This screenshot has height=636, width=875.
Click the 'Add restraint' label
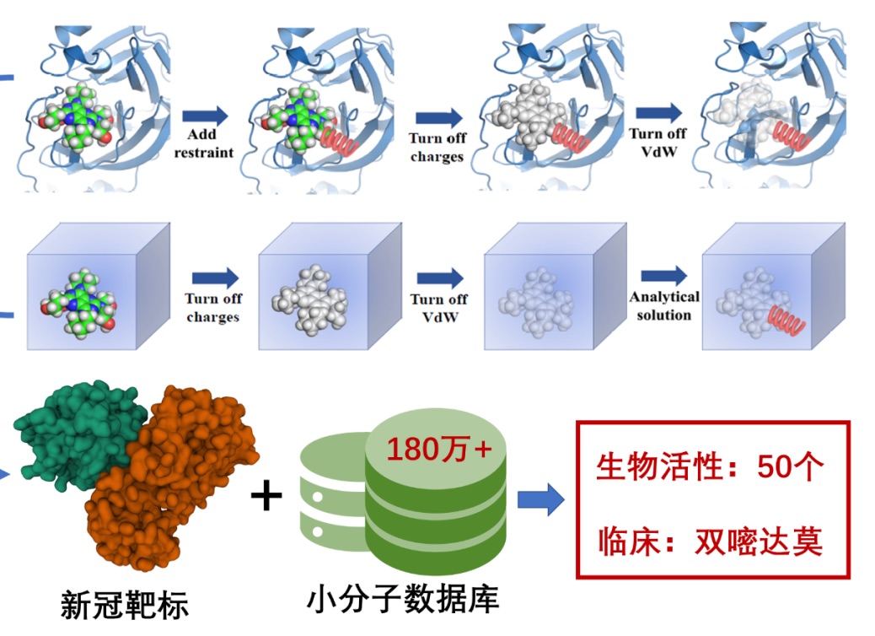(202, 143)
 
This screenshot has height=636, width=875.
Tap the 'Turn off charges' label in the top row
(437, 147)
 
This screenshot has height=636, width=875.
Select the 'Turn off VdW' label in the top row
(658, 143)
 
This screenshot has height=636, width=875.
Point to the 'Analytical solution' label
(664, 306)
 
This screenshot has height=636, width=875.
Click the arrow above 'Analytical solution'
(664, 275)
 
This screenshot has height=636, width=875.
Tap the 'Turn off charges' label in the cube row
(213, 308)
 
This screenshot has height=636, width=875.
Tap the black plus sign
(267, 496)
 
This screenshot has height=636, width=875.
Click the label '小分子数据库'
(403, 599)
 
